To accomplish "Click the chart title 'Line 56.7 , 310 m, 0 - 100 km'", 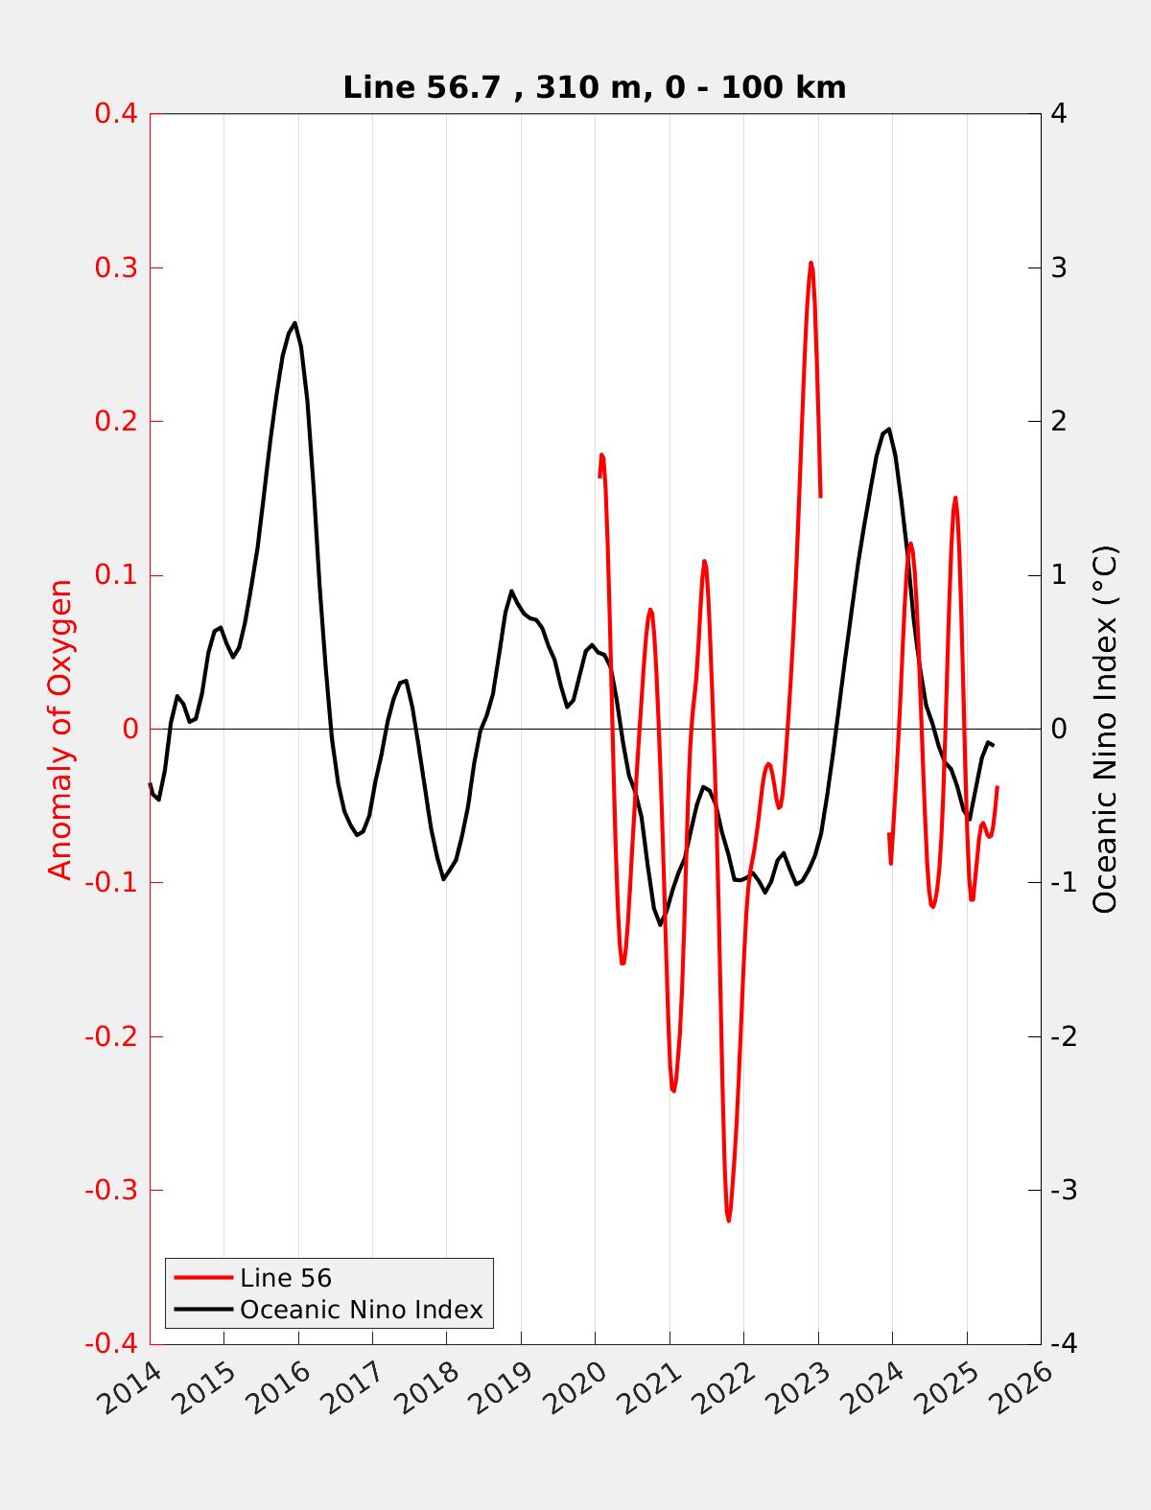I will pyautogui.click(x=594, y=88).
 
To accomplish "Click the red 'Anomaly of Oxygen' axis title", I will pyautogui.click(x=60, y=729).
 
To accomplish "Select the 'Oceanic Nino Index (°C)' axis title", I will pyautogui.click(x=1105, y=729).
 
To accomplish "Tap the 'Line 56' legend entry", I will pyautogui.click(x=285, y=1277).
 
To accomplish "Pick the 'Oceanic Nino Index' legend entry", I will pyautogui.click(x=361, y=1309).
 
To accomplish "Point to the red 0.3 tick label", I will pyautogui.click(x=115, y=267).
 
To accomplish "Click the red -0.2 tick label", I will pyautogui.click(x=111, y=1036).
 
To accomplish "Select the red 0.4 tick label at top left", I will pyautogui.click(x=115, y=114).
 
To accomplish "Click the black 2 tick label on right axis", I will pyautogui.click(x=1059, y=421).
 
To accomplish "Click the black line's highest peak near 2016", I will pyautogui.click(x=294, y=323).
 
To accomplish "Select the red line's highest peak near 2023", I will pyautogui.click(x=810, y=263).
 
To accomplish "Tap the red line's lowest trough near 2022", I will pyautogui.click(x=729, y=1220).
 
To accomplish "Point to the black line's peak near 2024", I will pyautogui.click(x=889, y=430).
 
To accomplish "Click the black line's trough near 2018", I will pyautogui.click(x=444, y=878).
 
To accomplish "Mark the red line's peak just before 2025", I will pyautogui.click(x=954, y=498).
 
